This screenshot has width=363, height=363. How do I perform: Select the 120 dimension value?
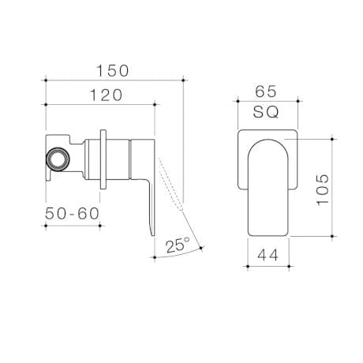pyautogui.click(x=100, y=95)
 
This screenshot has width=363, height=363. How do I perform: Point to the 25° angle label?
pyautogui.click(x=178, y=245)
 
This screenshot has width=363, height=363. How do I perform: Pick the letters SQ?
pyautogui.click(x=267, y=113)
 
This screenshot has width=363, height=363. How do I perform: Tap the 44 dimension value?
pyautogui.click(x=268, y=255)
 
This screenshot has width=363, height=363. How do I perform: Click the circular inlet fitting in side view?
pyautogui.click(x=58, y=159)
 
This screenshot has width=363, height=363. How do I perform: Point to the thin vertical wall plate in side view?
pyautogui.click(x=103, y=159)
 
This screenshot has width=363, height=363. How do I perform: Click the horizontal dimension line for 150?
pyautogui.click(x=114, y=79)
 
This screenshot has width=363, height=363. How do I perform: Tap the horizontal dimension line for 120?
pyautogui.click(x=100, y=104)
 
